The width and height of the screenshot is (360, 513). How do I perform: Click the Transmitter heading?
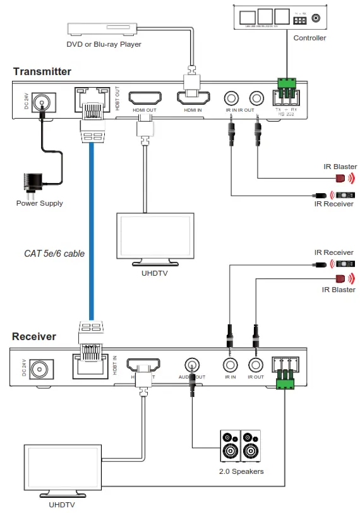point(42,71)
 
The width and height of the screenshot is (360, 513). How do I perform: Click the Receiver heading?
point(34,336)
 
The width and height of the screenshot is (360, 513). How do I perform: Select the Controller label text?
point(309,38)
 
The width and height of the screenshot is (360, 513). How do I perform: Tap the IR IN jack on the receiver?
point(230,365)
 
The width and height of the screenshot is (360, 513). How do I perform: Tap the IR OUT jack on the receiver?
point(256,365)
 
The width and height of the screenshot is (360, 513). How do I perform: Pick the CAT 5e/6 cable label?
point(54,254)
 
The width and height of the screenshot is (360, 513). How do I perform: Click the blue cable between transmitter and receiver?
point(92,227)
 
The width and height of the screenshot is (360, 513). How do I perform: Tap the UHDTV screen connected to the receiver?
point(61,468)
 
